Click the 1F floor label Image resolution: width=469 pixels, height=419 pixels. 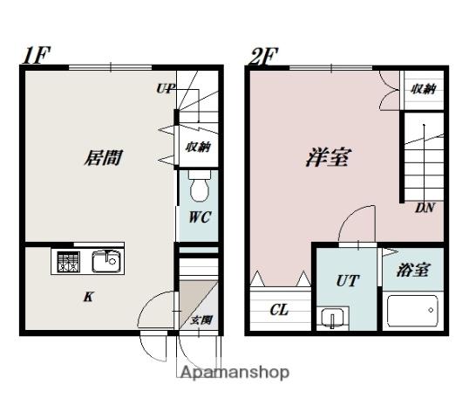37,55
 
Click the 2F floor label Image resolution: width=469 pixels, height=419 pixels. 263,57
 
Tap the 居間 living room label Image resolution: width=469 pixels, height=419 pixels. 103,157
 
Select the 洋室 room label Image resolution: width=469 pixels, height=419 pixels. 328,157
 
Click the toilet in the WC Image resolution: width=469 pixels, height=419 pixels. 200,186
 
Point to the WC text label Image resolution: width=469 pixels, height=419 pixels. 200,216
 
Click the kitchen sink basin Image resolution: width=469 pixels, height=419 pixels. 106,261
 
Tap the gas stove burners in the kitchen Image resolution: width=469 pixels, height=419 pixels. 69,262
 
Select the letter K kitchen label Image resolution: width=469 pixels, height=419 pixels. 89,297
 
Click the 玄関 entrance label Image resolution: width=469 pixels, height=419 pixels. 201,320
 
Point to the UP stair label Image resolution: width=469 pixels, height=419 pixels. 166,88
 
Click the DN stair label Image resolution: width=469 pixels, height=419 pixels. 425,208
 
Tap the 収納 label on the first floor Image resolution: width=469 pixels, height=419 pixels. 198,147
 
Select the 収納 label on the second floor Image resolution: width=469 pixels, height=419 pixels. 423,89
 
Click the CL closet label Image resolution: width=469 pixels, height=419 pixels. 279,310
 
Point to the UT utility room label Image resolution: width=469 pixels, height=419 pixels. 348,280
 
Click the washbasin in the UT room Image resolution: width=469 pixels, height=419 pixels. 333,318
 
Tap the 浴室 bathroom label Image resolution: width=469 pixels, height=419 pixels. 414,270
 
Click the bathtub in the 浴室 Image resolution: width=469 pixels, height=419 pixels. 412,311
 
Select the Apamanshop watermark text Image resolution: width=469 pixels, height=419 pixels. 235,373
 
